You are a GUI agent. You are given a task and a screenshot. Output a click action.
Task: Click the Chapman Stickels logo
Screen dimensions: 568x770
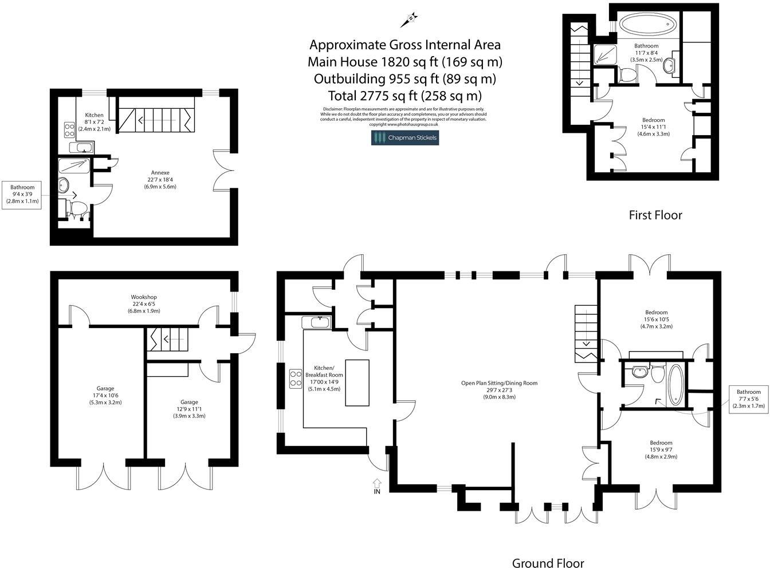coord(404,137)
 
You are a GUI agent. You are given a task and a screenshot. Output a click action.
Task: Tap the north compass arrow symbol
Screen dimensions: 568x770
coord(410,19)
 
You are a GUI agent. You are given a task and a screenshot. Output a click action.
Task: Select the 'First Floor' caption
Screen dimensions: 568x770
coord(655,215)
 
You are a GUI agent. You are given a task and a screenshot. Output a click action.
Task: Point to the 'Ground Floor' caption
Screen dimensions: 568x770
coord(548,563)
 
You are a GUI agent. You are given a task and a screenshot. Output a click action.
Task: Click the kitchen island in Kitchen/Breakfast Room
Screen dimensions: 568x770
coord(357,383)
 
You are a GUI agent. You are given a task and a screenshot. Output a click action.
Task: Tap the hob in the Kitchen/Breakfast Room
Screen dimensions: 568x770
coord(296,378)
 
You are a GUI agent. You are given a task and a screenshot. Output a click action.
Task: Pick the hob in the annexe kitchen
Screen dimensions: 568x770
coord(69,130)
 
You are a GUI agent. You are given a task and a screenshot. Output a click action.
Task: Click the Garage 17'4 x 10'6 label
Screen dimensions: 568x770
coord(105,395)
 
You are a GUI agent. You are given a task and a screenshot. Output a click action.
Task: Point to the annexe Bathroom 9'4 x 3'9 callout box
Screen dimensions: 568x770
coord(22,194)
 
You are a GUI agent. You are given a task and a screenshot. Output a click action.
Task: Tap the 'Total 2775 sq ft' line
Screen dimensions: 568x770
coord(404,95)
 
